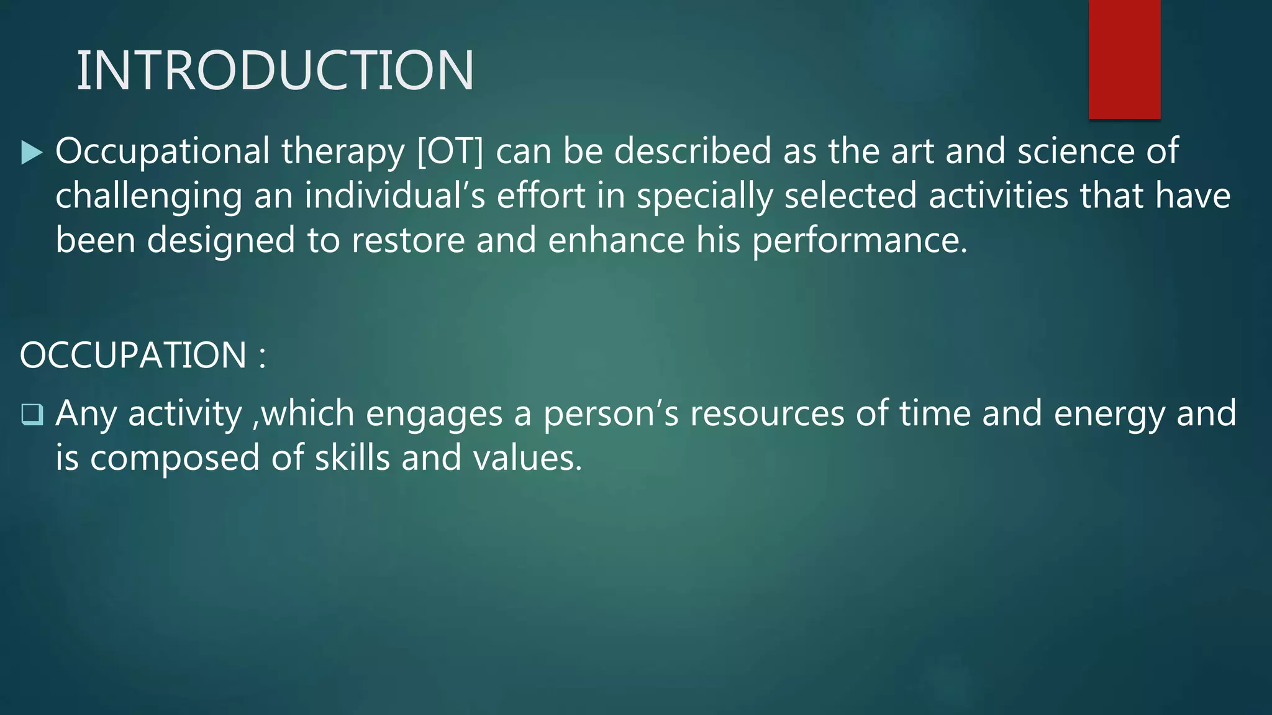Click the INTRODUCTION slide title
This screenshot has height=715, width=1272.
275,70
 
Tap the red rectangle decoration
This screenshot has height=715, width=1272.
1124,59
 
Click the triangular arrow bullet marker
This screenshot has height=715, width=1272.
31,153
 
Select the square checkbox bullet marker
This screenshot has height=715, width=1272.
32,415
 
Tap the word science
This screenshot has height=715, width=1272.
1076,152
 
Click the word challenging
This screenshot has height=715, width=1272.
148,197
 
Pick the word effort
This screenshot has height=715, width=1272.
541,196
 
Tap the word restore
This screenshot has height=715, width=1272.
408,241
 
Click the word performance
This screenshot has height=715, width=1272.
860,241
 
